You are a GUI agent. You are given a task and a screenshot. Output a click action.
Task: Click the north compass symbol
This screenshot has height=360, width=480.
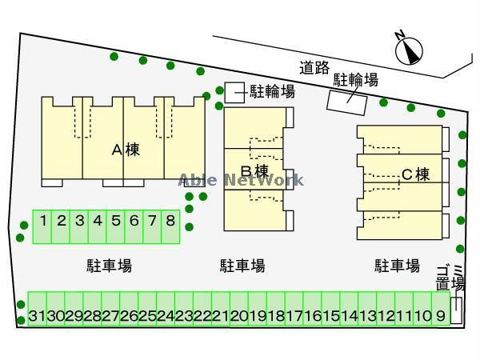click(409, 49)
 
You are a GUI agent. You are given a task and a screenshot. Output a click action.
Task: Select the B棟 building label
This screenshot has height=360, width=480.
click(254, 171)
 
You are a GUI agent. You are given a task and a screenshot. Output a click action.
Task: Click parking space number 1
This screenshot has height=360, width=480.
click(43, 219)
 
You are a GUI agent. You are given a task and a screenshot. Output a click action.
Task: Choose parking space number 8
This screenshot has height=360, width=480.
click(170, 219)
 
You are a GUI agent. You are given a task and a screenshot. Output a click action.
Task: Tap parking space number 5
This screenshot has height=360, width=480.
click(115, 219)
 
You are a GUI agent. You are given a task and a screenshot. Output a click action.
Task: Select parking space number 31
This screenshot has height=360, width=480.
click(36, 315)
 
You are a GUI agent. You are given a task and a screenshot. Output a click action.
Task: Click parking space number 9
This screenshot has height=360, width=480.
click(441, 315)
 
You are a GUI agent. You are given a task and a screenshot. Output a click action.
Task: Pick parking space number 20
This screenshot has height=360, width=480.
click(239, 315)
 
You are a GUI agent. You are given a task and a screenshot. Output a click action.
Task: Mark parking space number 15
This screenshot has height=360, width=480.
click(331, 315)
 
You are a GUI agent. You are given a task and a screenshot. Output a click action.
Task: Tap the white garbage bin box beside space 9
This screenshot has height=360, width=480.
click(456, 310)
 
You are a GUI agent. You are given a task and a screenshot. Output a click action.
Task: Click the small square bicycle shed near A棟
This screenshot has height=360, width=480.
click(234, 92)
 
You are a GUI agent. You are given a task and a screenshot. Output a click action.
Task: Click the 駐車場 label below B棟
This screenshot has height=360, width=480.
click(242, 266)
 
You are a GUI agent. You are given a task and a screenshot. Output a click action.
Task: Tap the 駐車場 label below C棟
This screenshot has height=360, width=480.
click(397, 266)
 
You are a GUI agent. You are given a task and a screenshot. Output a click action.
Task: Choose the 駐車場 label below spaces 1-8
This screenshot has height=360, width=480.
click(109, 266)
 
